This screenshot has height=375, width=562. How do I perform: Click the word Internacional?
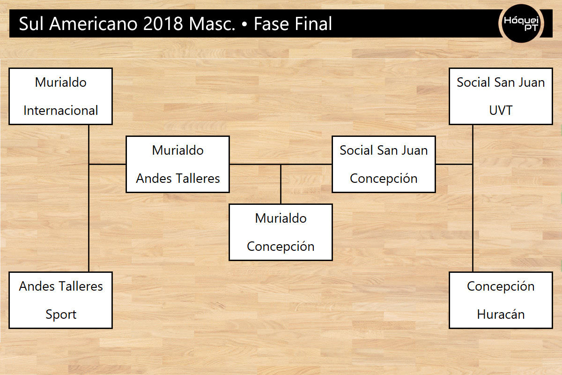click(60, 111)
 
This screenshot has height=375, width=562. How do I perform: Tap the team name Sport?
click(61, 315)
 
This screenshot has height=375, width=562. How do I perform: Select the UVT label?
click(501, 111)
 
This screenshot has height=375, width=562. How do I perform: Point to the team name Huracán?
click(501, 314)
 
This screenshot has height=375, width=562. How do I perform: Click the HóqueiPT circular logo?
click(521, 23)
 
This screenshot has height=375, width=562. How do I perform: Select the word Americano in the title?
click(93, 24)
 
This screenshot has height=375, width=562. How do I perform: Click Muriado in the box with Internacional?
click(61, 82)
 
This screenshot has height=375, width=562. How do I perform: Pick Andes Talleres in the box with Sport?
click(61, 286)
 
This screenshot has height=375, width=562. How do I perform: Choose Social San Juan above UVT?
click(501, 82)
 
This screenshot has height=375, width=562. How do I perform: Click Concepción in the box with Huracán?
click(501, 286)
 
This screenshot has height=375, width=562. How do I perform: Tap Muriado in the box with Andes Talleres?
click(177, 150)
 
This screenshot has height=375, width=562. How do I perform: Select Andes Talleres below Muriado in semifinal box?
click(177, 179)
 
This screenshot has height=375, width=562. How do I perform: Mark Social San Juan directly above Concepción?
click(384, 150)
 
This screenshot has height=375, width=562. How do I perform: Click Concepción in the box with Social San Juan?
click(384, 179)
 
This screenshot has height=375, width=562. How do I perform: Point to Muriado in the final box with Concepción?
click(281, 218)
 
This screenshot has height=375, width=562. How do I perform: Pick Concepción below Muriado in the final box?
click(281, 247)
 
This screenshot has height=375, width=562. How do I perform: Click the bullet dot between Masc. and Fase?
click(244, 24)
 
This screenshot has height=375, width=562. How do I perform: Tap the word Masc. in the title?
click(212, 24)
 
